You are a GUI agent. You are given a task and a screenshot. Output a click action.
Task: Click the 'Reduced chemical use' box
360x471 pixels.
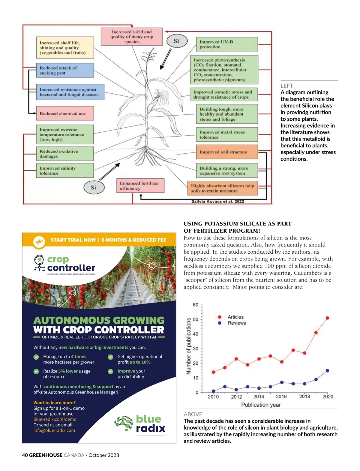point(65,113)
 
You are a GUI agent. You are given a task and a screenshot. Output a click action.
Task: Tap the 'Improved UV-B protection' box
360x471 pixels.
point(227,44)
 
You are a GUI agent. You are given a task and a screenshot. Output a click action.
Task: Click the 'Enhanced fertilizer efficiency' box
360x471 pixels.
point(140,186)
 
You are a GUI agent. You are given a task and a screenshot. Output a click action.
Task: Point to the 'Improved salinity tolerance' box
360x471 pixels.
point(65,171)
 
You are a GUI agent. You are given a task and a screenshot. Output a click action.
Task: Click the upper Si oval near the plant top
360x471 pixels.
point(176,41)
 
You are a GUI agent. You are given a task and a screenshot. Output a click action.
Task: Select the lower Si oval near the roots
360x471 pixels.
point(94,187)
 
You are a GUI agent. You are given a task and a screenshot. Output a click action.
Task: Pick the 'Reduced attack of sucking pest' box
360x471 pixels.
point(65,70)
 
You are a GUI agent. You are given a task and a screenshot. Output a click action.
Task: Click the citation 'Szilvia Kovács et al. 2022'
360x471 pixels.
point(217,201)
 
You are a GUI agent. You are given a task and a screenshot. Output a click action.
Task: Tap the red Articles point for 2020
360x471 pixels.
point(327,318)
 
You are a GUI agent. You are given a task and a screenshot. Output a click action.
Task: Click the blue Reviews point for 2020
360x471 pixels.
point(327,371)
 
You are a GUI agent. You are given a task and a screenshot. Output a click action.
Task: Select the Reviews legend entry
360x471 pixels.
point(236,323)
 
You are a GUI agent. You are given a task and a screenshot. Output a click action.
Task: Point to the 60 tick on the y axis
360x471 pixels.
point(196,305)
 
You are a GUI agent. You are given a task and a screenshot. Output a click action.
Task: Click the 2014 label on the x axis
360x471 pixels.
point(259,397)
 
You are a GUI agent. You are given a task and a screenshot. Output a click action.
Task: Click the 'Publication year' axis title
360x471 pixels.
point(261,405)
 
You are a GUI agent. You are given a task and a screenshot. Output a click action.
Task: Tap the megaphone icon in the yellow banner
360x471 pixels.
point(39,241)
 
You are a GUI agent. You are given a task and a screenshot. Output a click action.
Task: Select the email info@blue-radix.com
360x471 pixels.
point(54,430)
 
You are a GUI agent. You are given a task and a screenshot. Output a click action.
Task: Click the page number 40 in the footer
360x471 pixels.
point(25,455)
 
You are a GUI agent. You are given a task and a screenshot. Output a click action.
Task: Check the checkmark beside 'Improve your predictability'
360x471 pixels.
point(110,371)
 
